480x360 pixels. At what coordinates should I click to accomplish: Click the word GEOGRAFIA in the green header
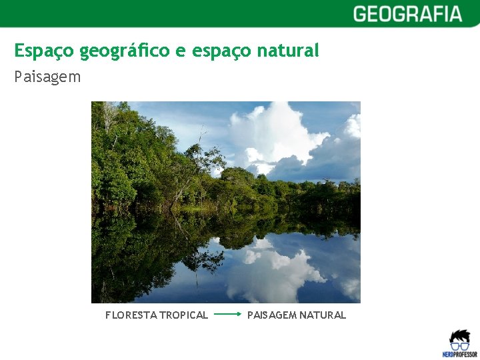pyautogui.click(x=407, y=14)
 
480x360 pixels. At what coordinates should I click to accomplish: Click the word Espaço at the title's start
pyautogui.click(x=44, y=51)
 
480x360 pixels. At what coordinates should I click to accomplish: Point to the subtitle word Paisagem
pyautogui.click(x=47, y=77)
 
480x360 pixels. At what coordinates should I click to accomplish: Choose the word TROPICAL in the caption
pyautogui.click(x=182, y=315)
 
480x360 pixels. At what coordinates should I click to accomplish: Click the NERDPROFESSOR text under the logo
pyautogui.click(x=459, y=355)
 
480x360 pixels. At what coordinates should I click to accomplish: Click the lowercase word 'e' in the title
pyautogui.click(x=181, y=51)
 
